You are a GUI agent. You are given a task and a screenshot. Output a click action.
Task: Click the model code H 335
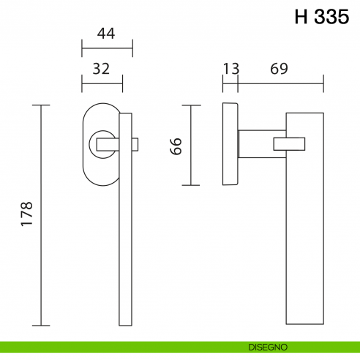pos(322,18)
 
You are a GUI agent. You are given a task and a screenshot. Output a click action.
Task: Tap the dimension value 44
pos(106,34)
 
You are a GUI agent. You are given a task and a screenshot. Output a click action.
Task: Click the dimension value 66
pos(175,145)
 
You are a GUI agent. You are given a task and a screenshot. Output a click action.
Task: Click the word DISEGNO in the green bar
pos(269,346)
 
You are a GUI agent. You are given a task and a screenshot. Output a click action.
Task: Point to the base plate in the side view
pos(230,145)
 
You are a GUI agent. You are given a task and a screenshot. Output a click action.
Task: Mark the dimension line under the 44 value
pos(106,51)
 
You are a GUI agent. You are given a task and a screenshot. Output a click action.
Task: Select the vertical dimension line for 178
pos(42,216)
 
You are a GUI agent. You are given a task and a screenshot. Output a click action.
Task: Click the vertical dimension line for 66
pos(191,145)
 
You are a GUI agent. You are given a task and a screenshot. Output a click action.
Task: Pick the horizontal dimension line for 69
pos(280,84)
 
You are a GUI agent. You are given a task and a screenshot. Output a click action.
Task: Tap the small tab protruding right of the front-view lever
pos(134,143)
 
